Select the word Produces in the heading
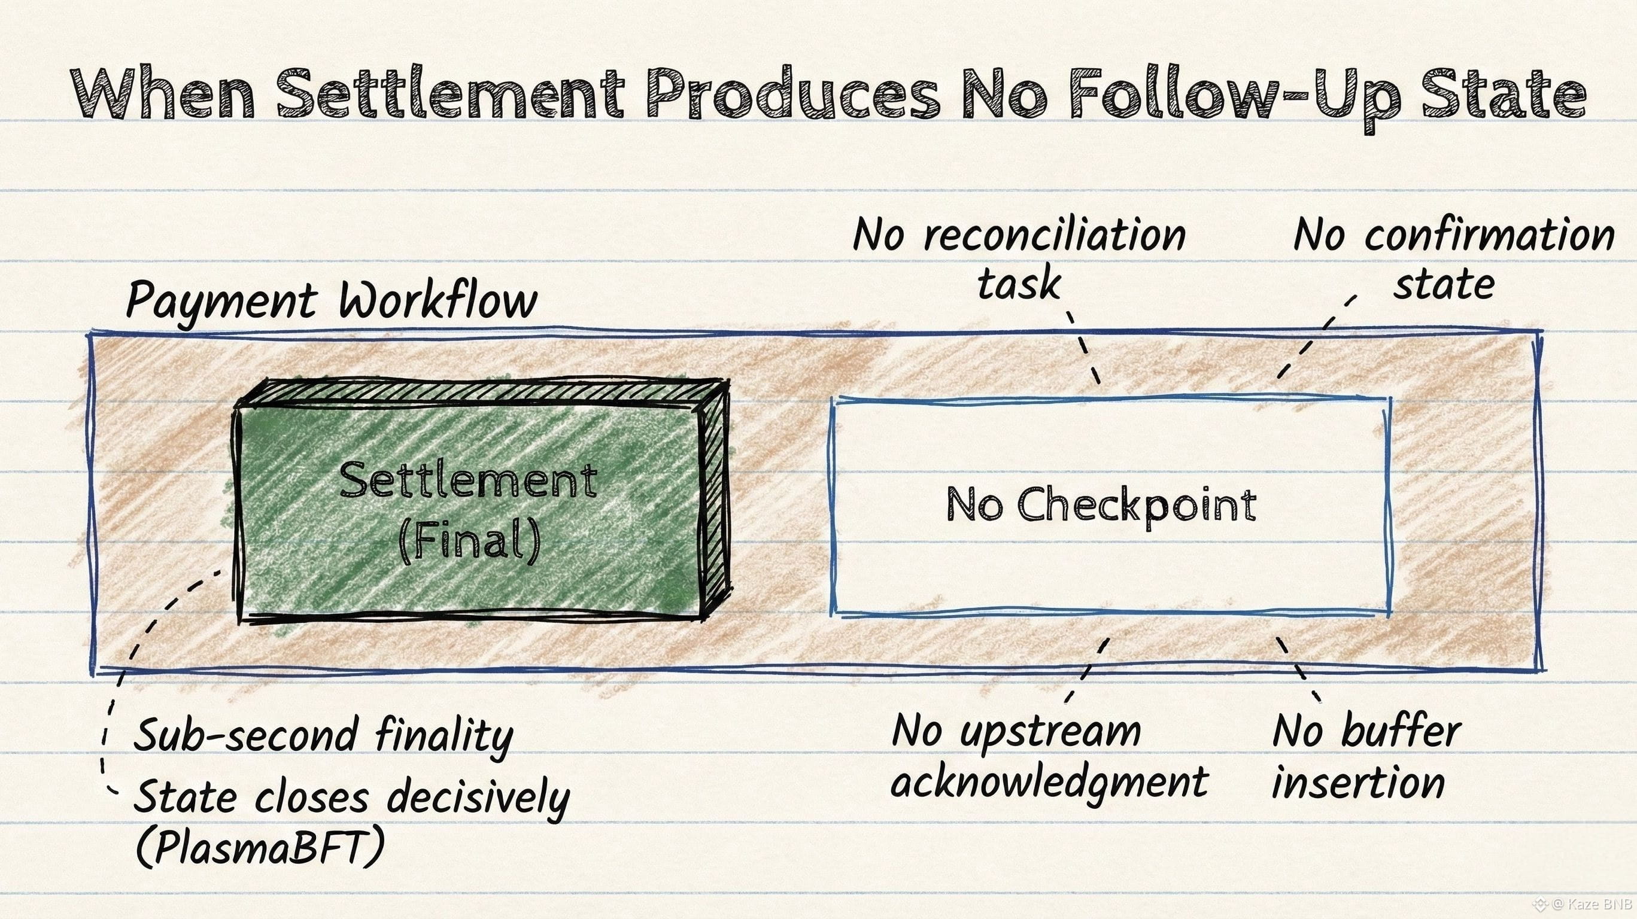coord(792,95)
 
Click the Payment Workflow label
coord(331,300)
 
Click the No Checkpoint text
coord(1101,506)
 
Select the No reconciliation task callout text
coord(1019,258)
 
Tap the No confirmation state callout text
coord(1454,258)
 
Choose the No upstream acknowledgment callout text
coord(1049,756)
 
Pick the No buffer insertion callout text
coord(1366,756)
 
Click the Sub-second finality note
coord(323,735)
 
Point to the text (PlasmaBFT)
coord(260,848)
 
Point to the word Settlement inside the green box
coord(468,481)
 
